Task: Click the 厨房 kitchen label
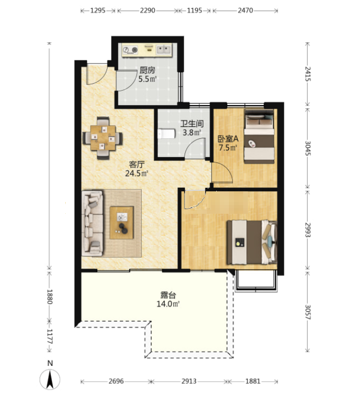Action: (x=147, y=70)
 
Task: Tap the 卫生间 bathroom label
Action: (x=192, y=123)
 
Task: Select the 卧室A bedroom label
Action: (x=228, y=139)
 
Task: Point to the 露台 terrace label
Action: (x=168, y=295)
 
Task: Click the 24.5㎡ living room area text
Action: (x=137, y=173)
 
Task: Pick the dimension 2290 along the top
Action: (x=147, y=10)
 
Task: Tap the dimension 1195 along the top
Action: (x=195, y=10)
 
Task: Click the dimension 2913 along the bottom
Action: (x=189, y=381)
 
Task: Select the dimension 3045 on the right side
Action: (x=307, y=148)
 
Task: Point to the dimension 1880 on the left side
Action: (x=49, y=296)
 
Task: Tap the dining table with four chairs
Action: (x=103, y=138)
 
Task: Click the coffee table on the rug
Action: (x=121, y=222)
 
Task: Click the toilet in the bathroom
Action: (x=166, y=134)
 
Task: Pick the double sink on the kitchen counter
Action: (x=164, y=49)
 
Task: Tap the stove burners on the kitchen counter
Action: (x=130, y=50)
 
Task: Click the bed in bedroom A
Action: (x=259, y=136)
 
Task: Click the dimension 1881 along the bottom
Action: (x=253, y=381)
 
